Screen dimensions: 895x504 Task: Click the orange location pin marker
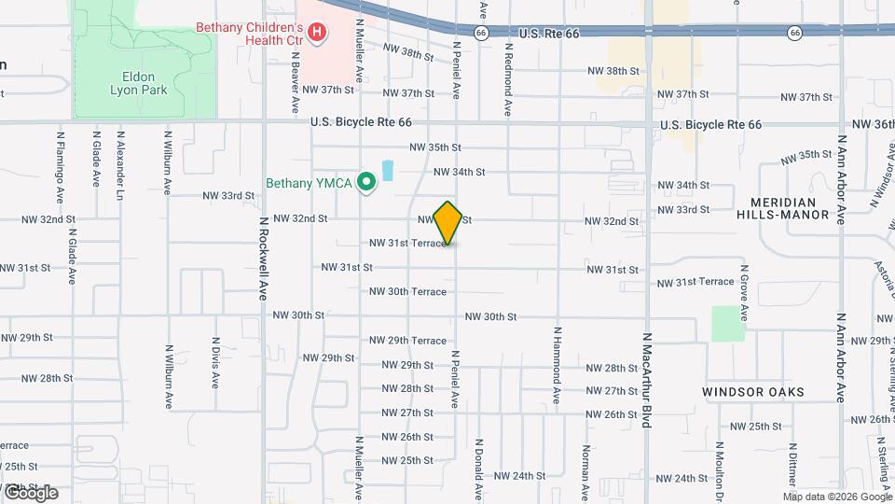coord(448,222)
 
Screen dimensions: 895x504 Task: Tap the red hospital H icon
coord(317,34)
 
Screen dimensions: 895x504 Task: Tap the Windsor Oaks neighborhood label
coord(753,392)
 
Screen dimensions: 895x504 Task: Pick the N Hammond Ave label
coord(557,365)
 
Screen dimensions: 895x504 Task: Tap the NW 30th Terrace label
coord(407,291)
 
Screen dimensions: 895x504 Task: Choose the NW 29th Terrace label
coord(407,341)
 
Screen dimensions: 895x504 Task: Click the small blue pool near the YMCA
coord(387,171)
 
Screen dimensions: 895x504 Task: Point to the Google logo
coord(30,492)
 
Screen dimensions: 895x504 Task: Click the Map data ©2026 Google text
coord(839,496)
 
